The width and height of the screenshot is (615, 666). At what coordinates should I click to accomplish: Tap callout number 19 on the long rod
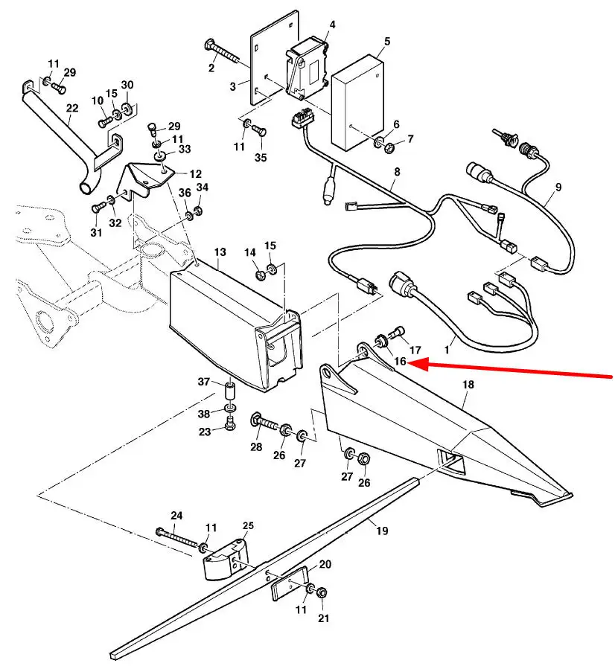382,531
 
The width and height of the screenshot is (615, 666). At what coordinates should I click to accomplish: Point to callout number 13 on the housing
220,253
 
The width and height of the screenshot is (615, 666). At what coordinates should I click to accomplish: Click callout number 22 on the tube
71,109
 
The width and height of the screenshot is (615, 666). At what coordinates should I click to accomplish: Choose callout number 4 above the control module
332,25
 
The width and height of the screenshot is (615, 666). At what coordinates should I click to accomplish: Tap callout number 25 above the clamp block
248,526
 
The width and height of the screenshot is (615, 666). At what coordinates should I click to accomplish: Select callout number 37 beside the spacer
204,382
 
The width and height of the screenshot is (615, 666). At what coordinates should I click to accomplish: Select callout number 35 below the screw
260,157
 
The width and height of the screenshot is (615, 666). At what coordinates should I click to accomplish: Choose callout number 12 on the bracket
194,173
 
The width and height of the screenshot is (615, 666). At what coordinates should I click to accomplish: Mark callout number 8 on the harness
397,172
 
